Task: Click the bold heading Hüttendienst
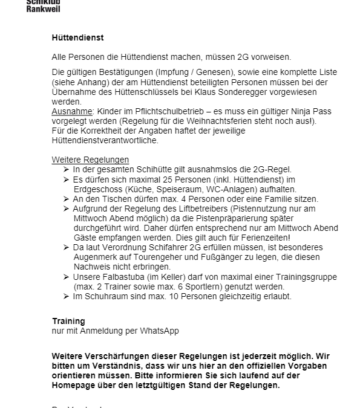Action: pos(78,37)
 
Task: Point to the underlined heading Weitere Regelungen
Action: pos(90,160)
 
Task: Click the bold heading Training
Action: pos(68,321)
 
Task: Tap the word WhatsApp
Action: pos(158,331)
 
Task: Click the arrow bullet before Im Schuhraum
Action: pos(66,296)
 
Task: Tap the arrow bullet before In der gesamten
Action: pos(66,169)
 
